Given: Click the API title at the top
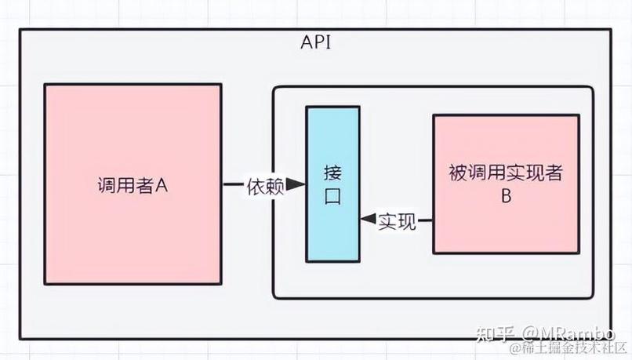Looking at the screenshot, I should (316, 42).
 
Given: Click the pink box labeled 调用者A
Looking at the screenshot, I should (133, 141).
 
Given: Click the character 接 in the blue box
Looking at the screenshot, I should (332, 172).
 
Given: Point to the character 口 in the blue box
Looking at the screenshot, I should (332, 197).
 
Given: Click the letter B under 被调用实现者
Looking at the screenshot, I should (506, 197).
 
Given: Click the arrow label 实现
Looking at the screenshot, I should (397, 221).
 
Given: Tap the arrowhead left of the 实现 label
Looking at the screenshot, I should (368, 221).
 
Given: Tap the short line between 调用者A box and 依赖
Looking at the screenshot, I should (234, 185).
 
